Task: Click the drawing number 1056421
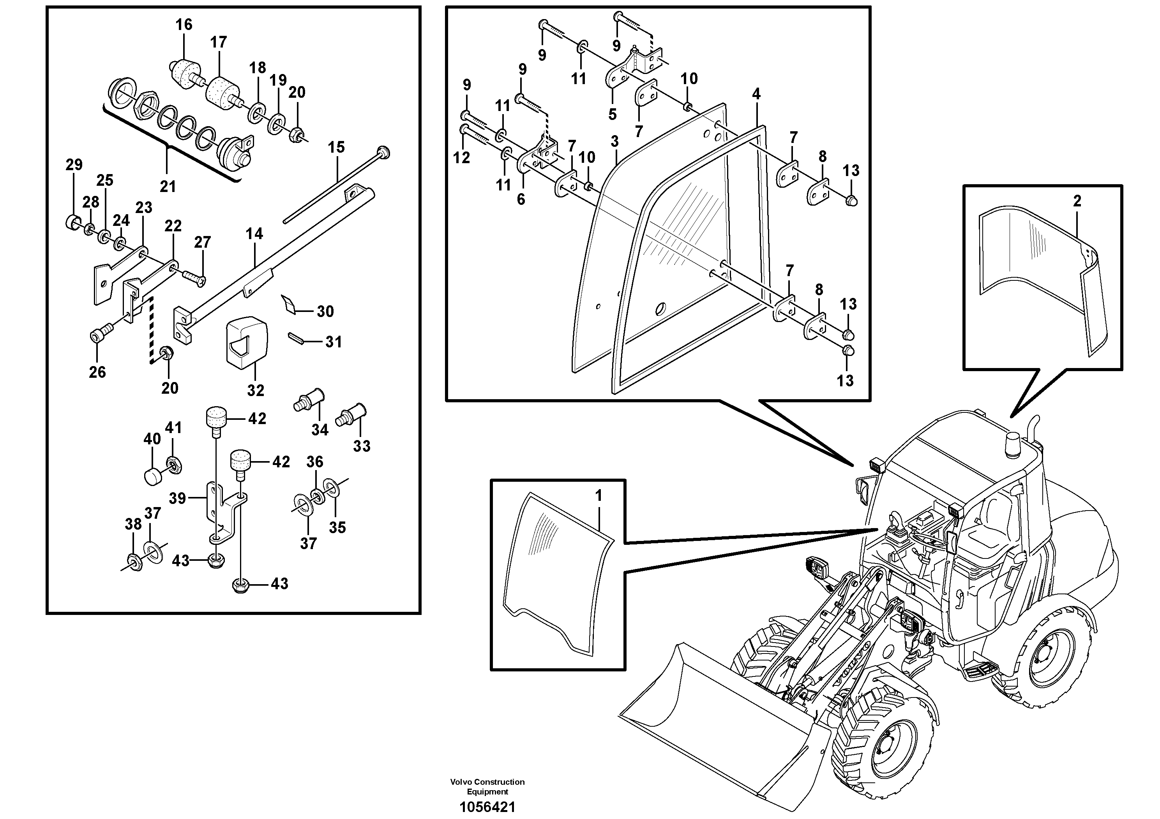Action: [x=487, y=807]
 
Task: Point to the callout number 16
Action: [x=184, y=24]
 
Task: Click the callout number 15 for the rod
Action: [x=336, y=148]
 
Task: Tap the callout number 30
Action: [x=325, y=312]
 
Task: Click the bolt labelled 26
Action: [x=97, y=335]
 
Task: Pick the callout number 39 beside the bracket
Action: [x=177, y=498]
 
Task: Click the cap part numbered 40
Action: [x=152, y=476]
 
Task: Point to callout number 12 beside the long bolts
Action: [x=461, y=158]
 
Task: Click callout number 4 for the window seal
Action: [x=756, y=94]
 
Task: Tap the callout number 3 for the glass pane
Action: [x=614, y=142]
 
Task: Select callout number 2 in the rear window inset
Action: [x=1077, y=201]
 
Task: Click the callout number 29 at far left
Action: [x=74, y=165]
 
